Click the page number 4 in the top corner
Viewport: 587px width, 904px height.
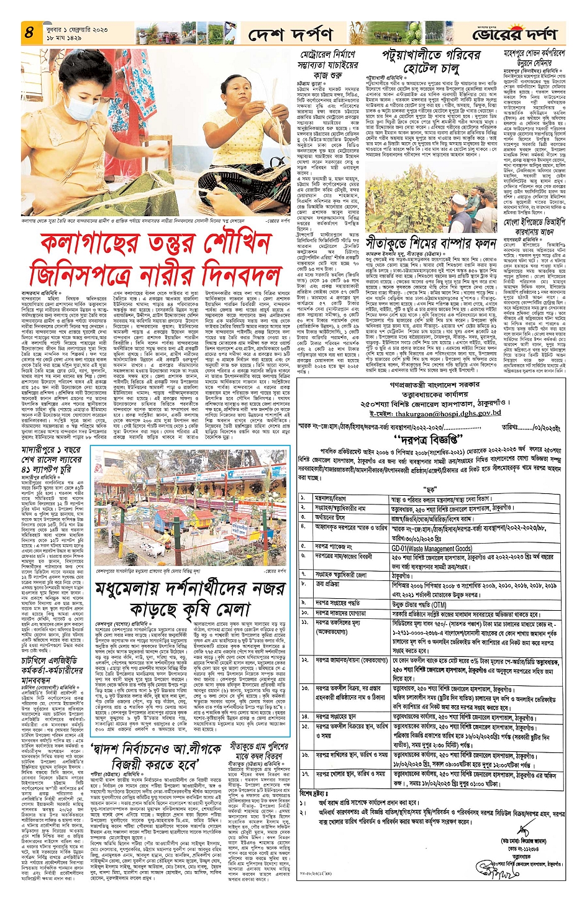tap(29, 32)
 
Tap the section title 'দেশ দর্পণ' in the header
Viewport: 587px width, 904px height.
tap(290, 35)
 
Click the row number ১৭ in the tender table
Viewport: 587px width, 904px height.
tap(305, 774)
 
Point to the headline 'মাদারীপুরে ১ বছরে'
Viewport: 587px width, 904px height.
tap(51, 449)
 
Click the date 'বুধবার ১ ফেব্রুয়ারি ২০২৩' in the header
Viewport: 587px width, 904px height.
tap(76, 29)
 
